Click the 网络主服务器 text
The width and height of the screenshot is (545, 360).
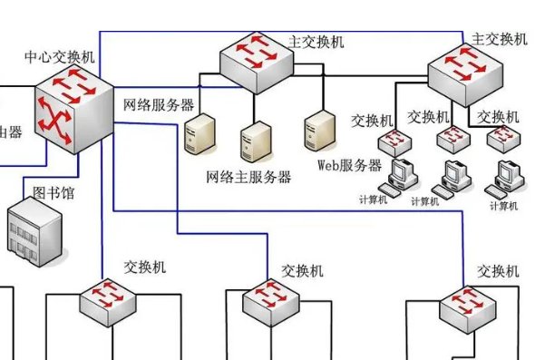point(248,178)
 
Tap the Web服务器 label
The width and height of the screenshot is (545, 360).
point(349,166)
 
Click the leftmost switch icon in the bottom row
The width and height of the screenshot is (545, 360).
point(110,300)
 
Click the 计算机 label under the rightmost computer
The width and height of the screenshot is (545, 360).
point(502,206)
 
